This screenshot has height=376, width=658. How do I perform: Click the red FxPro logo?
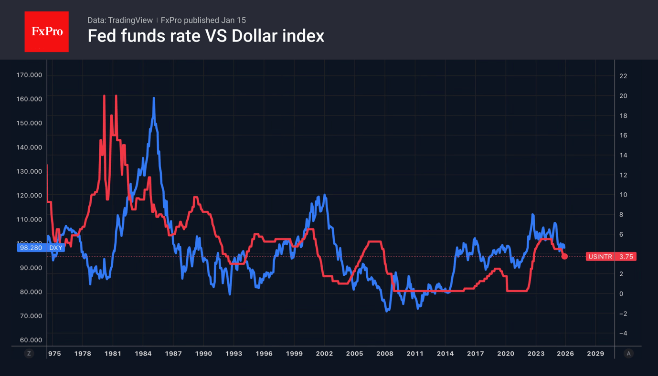[46, 31]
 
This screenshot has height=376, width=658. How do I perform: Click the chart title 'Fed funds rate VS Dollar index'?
[206, 36]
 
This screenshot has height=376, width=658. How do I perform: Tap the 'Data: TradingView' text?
[120, 20]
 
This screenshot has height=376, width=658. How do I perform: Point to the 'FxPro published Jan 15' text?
[203, 20]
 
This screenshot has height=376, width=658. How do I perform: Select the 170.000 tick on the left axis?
[29, 75]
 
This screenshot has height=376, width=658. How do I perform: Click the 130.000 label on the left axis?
[29, 171]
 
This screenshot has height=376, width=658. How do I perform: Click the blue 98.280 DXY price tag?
[40, 248]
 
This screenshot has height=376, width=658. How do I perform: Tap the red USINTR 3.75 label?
[611, 257]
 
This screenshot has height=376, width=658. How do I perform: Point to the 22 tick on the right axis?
[623, 76]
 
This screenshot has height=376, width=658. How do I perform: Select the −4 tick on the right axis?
[623, 334]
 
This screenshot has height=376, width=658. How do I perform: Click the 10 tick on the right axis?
[623, 195]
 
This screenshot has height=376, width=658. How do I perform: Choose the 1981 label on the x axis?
[113, 354]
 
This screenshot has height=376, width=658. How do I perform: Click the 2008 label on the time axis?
[385, 354]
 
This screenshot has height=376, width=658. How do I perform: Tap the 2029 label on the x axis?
[595, 354]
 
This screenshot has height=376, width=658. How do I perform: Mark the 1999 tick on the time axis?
[294, 354]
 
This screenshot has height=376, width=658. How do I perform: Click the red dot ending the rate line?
[564, 256]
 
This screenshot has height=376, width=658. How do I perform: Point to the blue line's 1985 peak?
[154, 98]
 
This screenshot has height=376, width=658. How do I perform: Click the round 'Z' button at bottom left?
[29, 354]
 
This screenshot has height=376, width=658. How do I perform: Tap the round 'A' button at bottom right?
[628, 354]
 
